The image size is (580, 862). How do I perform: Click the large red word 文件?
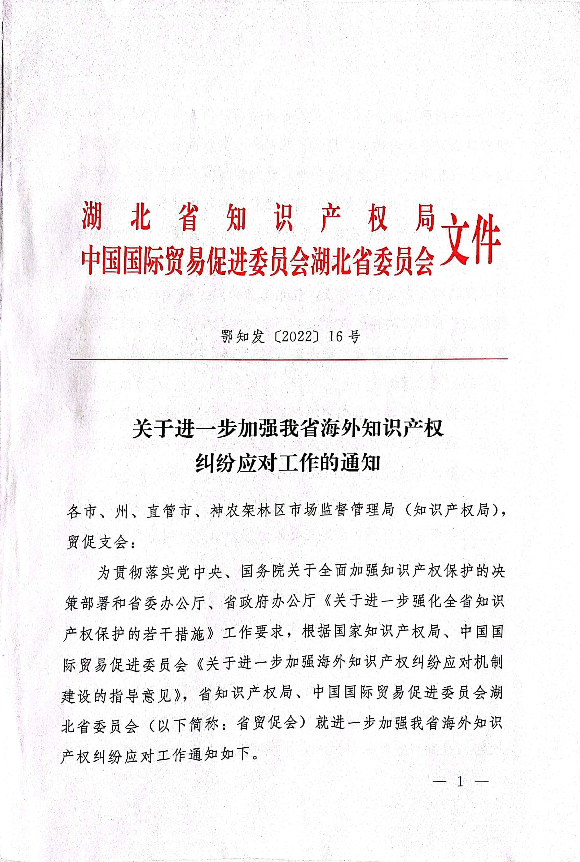470,241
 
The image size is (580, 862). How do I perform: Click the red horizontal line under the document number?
288,358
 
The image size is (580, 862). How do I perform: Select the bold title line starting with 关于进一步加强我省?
288,429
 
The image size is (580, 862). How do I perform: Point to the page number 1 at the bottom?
460,781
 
